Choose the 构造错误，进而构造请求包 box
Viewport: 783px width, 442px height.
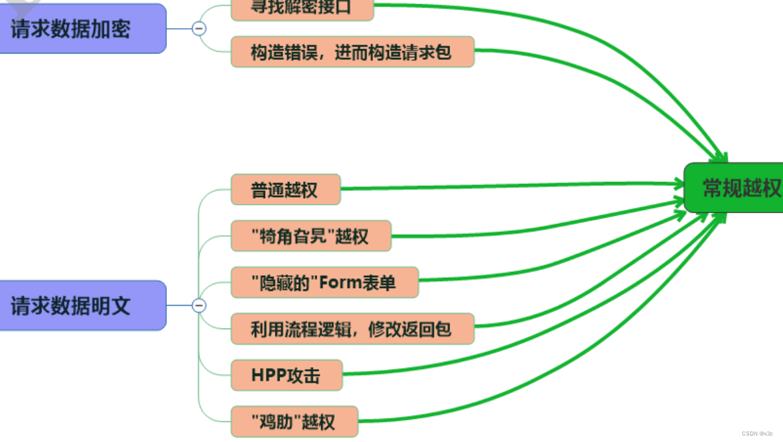[352, 52]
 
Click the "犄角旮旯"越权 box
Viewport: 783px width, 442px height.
[311, 236]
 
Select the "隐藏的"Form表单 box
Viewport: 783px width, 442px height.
[324, 282]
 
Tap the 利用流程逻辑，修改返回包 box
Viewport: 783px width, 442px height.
[352, 329]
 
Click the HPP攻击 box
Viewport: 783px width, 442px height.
[286, 375]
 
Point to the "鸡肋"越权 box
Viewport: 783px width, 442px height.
[294, 421]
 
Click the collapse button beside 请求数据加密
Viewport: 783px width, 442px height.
[199, 29]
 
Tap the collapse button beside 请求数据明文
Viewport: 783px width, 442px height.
[199, 305]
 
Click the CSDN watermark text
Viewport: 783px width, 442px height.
[757, 434]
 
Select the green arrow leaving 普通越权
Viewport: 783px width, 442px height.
[508, 186]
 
